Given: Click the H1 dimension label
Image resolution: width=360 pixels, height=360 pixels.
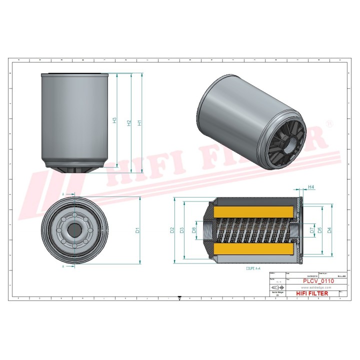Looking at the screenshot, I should click(139, 122).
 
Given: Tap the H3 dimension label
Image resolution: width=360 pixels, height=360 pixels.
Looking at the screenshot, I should click(114, 120).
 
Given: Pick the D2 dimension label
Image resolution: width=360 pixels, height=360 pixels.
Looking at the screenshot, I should click(171, 230).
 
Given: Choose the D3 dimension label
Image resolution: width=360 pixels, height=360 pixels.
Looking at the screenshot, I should click(182, 230).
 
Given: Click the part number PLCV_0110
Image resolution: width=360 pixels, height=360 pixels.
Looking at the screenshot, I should click(311, 282).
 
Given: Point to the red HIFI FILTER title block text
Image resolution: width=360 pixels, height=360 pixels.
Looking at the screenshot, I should click(312, 293).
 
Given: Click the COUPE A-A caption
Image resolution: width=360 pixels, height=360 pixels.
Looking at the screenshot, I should click(253, 268).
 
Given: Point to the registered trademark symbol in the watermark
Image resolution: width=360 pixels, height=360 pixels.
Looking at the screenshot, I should click(329, 123).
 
